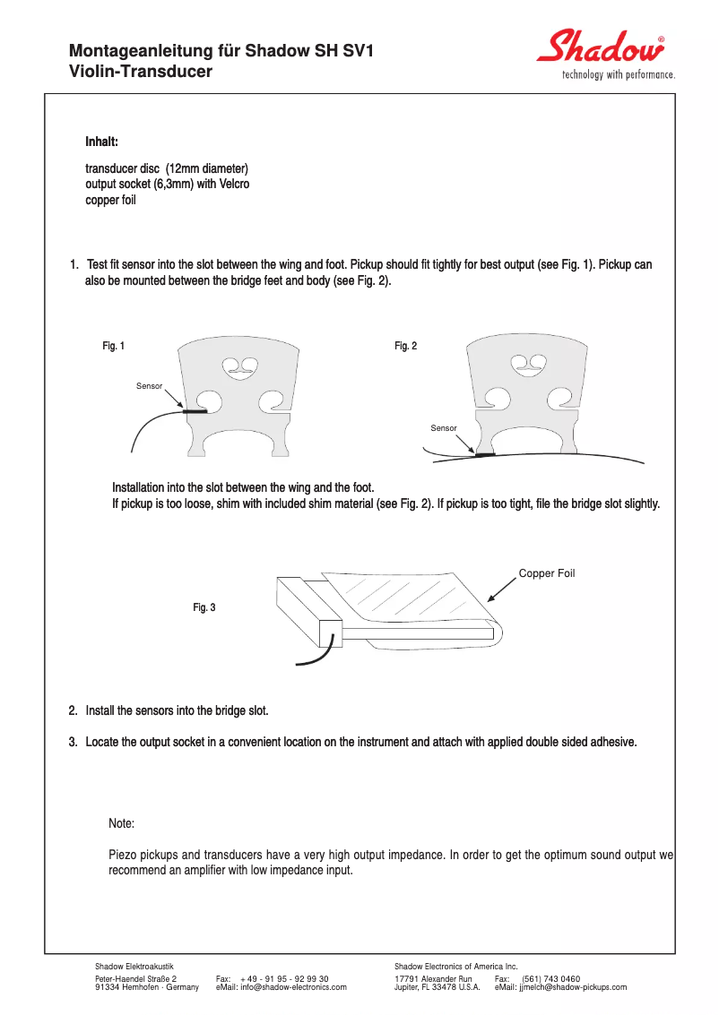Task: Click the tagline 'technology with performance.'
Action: (618, 75)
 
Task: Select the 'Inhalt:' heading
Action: (101, 142)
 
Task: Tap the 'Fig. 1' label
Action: (114, 346)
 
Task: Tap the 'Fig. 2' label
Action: (405, 346)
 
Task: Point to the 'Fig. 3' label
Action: (204, 607)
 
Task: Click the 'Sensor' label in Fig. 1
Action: (149, 386)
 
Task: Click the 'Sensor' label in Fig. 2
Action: (443, 428)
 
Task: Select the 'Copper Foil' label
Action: (546, 573)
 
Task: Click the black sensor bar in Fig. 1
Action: (195, 412)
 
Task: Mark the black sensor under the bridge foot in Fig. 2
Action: (484, 455)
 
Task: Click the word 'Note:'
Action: (121, 823)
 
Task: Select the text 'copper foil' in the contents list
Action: (110, 200)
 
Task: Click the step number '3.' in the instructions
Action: (74, 742)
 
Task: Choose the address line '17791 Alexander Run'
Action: (433, 979)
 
